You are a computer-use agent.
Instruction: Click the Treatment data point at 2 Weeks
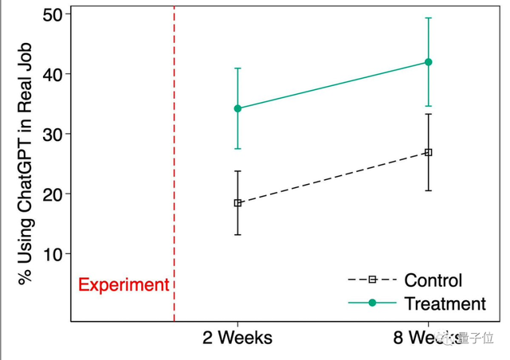[237, 108]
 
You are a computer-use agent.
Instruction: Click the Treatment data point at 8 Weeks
[428, 62]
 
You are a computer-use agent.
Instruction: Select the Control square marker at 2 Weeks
[237, 203]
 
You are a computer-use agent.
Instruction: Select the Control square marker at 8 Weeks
[428, 152]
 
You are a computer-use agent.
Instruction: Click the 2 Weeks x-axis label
[237, 338]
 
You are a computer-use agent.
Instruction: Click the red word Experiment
[124, 285]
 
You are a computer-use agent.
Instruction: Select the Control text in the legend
[433, 280]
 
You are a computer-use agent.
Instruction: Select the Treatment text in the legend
[445, 303]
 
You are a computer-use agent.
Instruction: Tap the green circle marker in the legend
[371, 303]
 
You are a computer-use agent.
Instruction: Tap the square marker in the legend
[371, 280]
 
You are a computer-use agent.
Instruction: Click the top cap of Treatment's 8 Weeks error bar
[428, 18]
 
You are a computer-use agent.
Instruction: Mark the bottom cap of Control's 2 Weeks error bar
[237, 234]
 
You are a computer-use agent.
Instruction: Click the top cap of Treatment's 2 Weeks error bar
[237, 68]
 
